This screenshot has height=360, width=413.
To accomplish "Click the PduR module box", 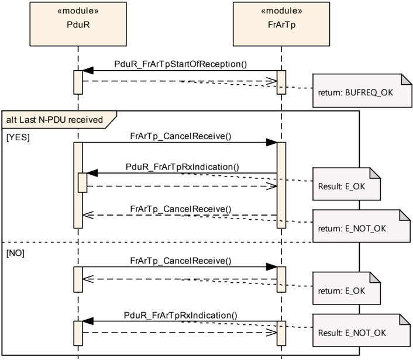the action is [78, 24].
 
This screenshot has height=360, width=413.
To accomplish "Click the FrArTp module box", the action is [281, 24].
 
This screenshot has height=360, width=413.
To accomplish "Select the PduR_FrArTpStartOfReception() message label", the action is [181, 64].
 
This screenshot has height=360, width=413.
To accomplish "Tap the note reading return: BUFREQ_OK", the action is [362, 91].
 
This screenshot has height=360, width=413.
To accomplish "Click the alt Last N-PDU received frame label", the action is [54, 120].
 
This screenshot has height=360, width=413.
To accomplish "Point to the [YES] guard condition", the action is [18, 137].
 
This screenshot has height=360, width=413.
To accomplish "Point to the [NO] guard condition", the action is [15, 253].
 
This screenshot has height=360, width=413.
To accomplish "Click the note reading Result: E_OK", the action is [347, 184].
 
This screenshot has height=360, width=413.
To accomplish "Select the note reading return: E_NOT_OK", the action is [362, 226].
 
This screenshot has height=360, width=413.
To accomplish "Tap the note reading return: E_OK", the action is [347, 289].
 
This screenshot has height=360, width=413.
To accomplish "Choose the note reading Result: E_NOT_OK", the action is [362, 330].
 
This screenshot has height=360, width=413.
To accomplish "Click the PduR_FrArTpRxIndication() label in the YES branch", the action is [183, 167].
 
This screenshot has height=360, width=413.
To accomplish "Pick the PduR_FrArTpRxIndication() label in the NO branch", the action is [181, 315].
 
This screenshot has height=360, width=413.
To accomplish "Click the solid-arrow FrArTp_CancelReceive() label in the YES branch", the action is [181, 136].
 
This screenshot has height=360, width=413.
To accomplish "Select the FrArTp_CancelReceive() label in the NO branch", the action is [181, 261].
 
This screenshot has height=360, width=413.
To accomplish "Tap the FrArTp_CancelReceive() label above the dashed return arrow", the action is [181, 209].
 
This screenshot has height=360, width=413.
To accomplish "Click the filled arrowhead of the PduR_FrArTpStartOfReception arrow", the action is [88, 71].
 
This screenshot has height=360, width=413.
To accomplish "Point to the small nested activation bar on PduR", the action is [82, 183].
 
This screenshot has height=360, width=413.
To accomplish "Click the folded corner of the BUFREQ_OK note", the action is [407, 79].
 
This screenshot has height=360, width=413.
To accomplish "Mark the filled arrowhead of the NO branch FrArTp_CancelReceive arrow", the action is [271, 267].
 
